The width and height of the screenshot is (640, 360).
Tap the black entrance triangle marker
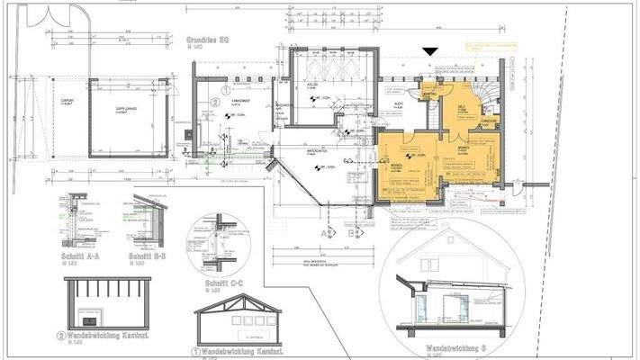433,53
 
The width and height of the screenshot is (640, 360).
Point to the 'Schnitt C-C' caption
216,266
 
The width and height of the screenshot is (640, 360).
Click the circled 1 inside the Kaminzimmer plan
226,90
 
